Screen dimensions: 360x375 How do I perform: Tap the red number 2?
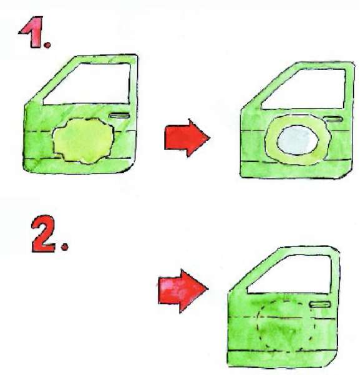click(x=44, y=233)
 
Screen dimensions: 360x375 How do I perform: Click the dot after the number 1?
click(x=47, y=45)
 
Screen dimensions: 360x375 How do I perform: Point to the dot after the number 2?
click(x=65, y=247)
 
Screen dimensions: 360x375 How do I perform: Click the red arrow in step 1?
click(x=187, y=138)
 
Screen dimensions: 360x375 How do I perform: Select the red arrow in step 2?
click(x=183, y=291)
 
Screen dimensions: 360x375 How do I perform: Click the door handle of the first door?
click(x=120, y=116)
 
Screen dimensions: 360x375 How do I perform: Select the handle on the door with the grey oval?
click(x=333, y=119)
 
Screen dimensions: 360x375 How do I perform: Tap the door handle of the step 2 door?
click(x=320, y=304)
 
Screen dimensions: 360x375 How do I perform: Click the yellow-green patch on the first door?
click(x=83, y=140)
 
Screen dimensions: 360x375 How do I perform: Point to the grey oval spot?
click(x=298, y=140)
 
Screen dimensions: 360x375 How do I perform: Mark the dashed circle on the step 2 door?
click(x=258, y=326)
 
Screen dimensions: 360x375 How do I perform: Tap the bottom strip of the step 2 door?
click(x=280, y=358)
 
